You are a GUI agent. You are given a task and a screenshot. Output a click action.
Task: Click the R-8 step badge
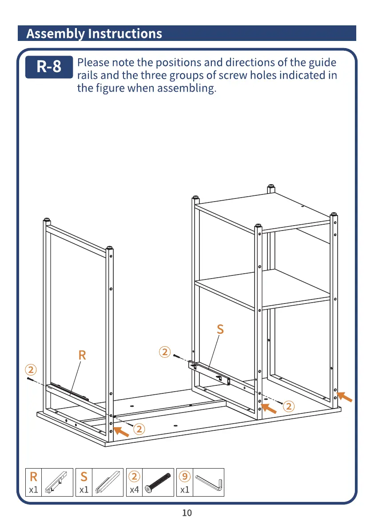49,67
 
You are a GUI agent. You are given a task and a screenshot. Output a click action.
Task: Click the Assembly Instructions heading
94,33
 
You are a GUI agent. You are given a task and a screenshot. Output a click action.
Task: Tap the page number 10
187,513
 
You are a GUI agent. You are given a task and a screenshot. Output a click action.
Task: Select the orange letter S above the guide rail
220,330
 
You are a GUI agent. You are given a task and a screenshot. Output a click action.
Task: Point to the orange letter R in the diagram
82,356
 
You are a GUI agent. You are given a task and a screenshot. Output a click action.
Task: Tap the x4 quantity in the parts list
134,490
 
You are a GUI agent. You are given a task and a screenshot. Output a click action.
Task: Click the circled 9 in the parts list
185,477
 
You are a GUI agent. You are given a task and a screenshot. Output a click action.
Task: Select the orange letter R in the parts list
34,477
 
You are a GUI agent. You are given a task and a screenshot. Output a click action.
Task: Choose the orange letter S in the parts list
84,477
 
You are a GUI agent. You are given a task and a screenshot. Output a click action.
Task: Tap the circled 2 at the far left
30,369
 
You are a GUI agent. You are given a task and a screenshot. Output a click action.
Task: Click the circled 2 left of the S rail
164,352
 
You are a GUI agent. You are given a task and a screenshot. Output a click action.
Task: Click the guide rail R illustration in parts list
59,482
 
